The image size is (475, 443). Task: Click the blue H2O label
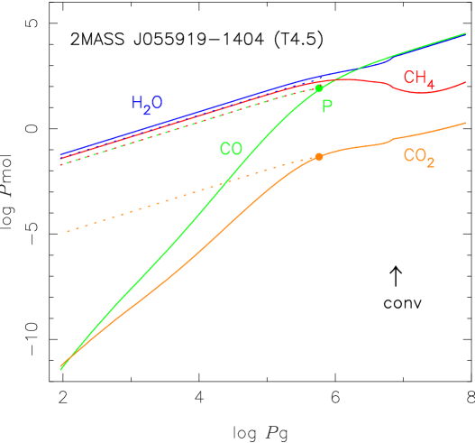(x=147, y=104)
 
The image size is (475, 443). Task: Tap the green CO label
(x=231, y=149)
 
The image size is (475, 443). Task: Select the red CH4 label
(x=419, y=79)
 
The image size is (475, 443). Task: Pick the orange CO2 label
(x=419, y=157)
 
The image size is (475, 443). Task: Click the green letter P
(x=327, y=106)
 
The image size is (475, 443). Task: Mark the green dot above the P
(x=318, y=88)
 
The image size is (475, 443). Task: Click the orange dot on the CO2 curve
(x=318, y=157)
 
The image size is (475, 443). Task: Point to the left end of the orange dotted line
(x=67, y=232)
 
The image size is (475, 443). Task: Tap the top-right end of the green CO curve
(x=465, y=33)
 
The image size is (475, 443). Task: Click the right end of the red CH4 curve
(x=465, y=82)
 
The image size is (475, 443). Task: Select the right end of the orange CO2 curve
(x=465, y=123)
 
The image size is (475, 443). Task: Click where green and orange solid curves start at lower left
(x=60, y=368)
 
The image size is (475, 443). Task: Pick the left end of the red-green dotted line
(x=60, y=165)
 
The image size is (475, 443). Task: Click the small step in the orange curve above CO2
(x=392, y=139)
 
